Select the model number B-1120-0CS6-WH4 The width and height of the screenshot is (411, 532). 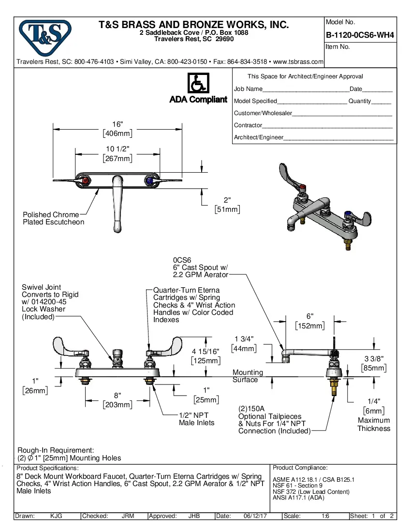(360, 35)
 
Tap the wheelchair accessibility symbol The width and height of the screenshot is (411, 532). (198, 83)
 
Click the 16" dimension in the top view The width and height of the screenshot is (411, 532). (118, 129)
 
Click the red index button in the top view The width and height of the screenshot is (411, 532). (86, 181)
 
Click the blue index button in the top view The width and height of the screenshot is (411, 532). (149, 181)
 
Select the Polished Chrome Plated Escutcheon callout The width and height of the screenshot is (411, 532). (53, 218)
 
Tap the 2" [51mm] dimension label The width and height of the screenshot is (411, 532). (227, 205)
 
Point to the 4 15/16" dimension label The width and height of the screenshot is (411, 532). (206, 355)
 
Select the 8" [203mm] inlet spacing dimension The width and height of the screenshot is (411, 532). (117, 400)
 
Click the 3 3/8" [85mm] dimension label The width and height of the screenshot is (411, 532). (374, 363)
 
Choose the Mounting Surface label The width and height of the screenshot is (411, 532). (248, 376)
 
